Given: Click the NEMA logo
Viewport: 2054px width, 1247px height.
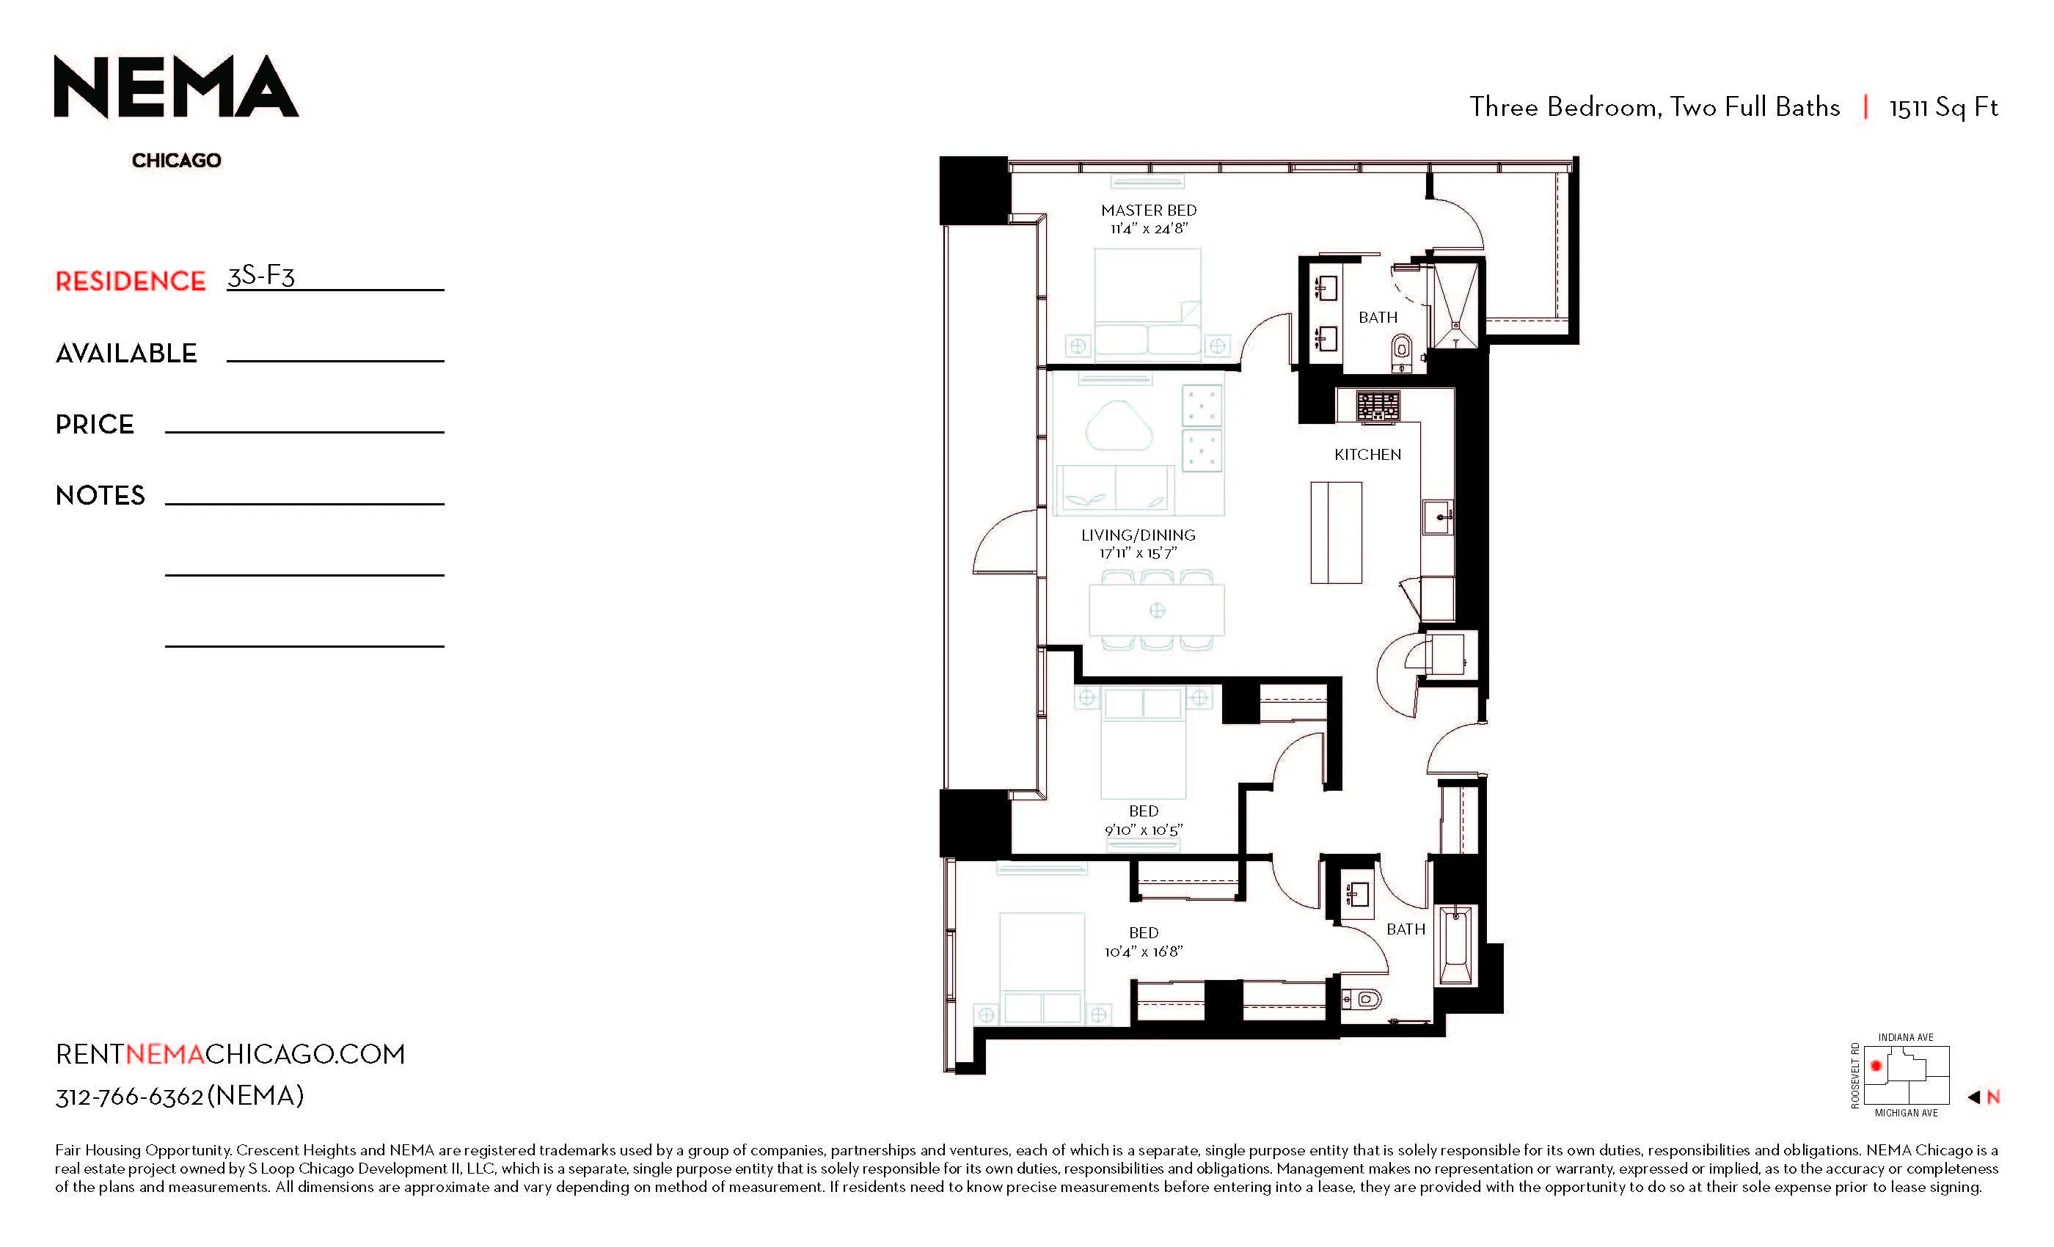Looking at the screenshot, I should pyautogui.click(x=176, y=87).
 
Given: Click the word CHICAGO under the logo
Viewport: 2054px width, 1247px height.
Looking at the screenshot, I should pyautogui.click(x=176, y=160).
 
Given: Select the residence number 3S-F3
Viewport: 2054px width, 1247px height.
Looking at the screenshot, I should pyautogui.click(x=261, y=275).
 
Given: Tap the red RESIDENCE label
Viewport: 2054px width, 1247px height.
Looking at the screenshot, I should pyautogui.click(x=130, y=282).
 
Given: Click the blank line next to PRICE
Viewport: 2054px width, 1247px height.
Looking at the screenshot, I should pyautogui.click(x=304, y=426).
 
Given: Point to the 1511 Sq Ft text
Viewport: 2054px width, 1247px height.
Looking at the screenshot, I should pyautogui.click(x=1942, y=108).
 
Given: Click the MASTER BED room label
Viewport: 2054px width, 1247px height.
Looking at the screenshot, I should pyautogui.click(x=1148, y=210).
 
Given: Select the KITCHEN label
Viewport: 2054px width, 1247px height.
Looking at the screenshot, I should pyautogui.click(x=1367, y=454).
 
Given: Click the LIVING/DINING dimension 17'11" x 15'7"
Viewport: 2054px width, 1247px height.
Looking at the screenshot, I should pyautogui.click(x=1137, y=552).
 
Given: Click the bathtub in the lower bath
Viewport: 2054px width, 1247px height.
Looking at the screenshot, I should pyautogui.click(x=1455, y=946).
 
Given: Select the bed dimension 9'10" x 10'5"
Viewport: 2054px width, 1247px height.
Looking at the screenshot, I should pyautogui.click(x=1143, y=830).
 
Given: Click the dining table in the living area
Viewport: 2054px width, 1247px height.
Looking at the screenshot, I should pyautogui.click(x=1156, y=610).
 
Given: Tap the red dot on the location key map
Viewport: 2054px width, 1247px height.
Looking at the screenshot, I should pyautogui.click(x=1876, y=1065).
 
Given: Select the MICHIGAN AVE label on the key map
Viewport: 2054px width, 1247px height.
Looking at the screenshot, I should pyautogui.click(x=1906, y=1113).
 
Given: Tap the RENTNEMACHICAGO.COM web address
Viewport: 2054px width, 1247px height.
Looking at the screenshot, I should pyautogui.click(x=230, y=1055).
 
